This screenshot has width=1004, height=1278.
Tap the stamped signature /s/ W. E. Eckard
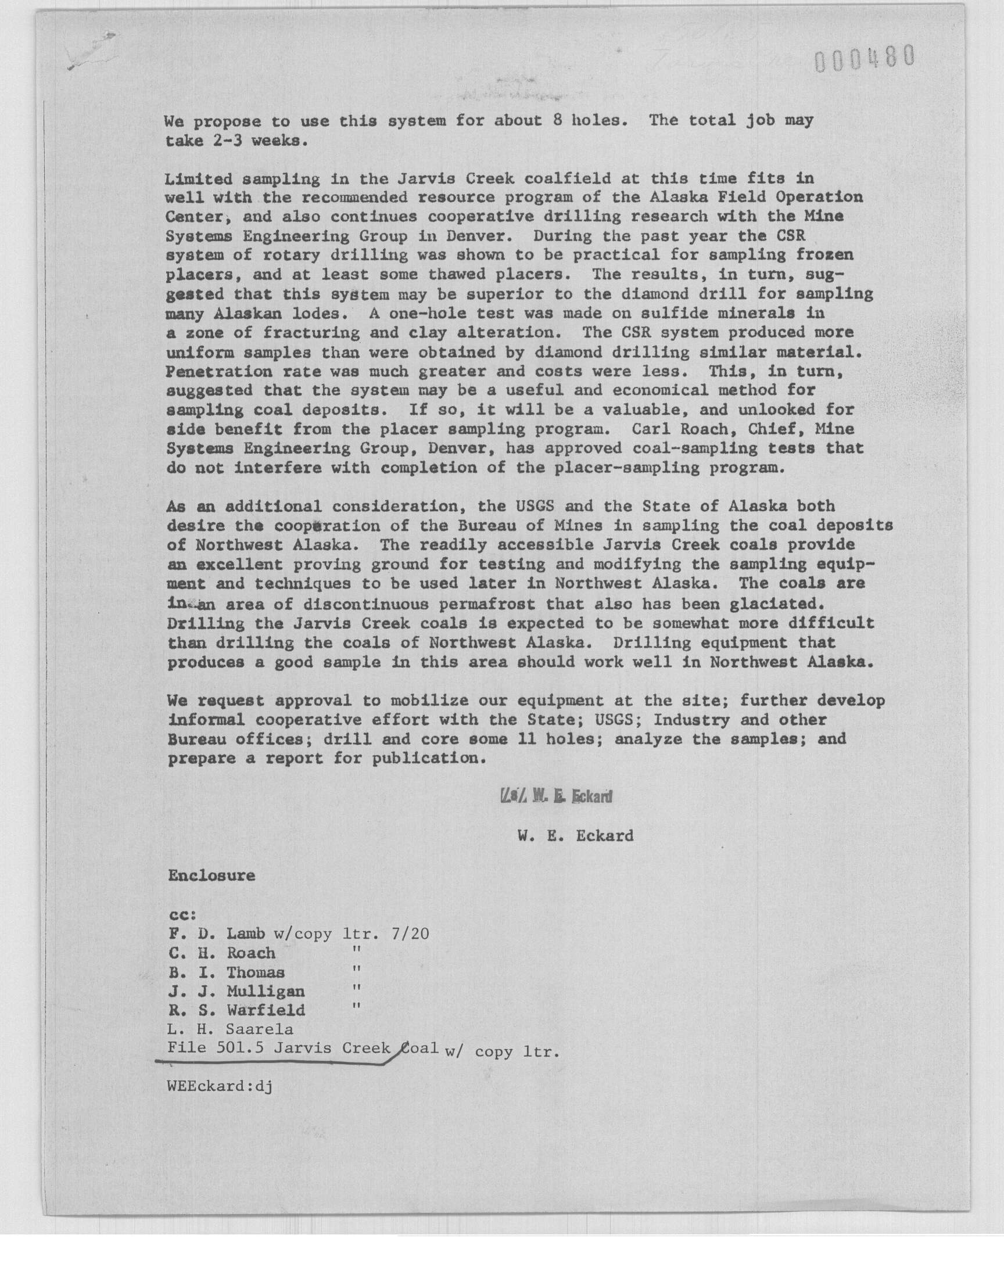coord(555,796)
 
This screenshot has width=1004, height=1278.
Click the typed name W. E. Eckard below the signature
coord(575,835)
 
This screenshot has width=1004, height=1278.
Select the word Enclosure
coord(211,875)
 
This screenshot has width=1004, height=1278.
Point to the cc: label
coord(182,915)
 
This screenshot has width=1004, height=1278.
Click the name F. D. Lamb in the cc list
coord(217,933)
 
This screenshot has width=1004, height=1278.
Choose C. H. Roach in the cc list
coord(221,953)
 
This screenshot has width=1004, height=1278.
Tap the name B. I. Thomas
coord(227,972)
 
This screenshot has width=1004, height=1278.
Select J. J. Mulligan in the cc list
coord(236,992)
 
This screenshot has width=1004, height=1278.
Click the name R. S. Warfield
coord(236,1011)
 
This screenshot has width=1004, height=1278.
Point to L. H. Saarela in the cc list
coord(231,1029)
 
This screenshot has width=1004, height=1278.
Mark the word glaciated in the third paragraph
coord(772,604)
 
